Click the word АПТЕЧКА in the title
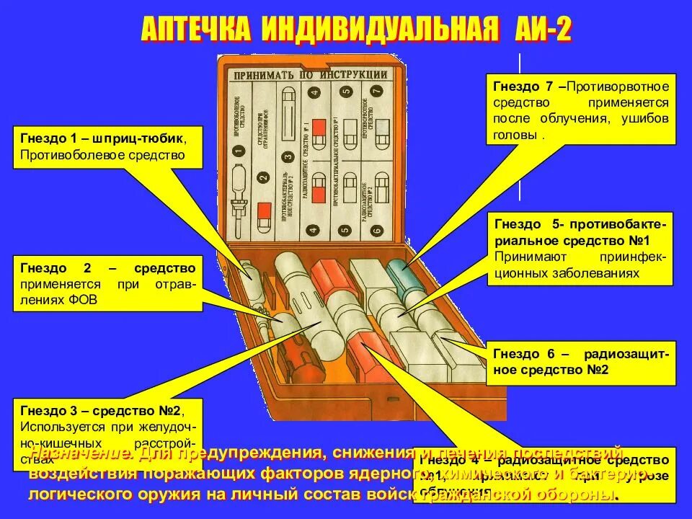coord(196,30)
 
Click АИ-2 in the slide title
coord(543,30)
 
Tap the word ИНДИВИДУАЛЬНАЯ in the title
coord(379,30)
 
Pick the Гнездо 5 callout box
coord(581,248)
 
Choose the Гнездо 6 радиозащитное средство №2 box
coord(581,362)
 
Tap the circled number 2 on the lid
coord(263,177)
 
